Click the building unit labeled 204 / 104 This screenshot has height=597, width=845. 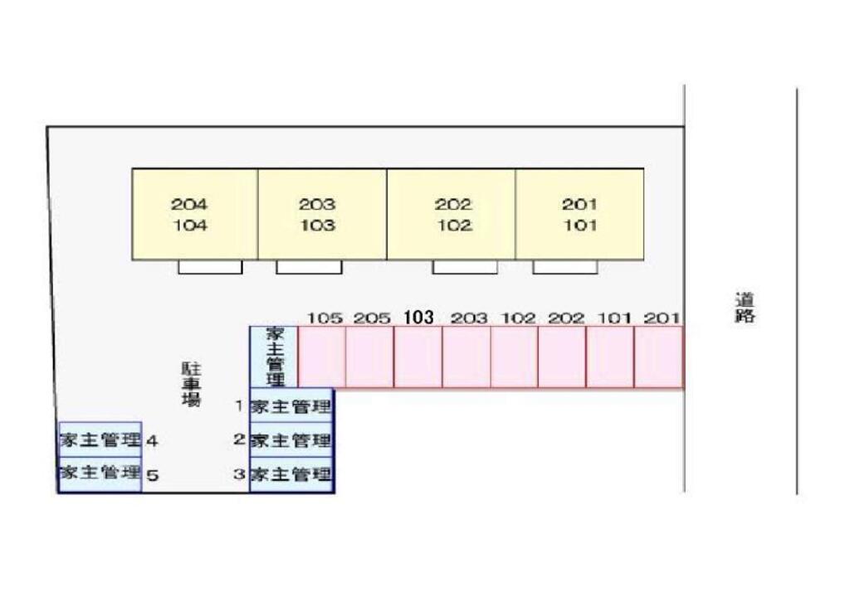point(195,214)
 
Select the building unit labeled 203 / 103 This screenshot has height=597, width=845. point(321,214)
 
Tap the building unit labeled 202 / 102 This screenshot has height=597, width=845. point(451,214)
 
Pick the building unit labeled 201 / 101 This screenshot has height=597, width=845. point(579,214)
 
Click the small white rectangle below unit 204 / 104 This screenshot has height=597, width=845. point(210,267)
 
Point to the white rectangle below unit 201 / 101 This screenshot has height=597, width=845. point(564,267)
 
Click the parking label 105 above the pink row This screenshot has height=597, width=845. point(325,318)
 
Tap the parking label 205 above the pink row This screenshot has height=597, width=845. point(372,318)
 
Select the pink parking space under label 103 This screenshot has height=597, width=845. point(418,357)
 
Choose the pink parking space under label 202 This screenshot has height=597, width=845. point(562,357)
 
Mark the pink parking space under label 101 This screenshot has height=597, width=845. point(610,357)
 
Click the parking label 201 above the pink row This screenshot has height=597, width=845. point(662,318)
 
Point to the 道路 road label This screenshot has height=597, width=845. point(745,307)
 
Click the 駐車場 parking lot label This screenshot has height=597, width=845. point(192,384)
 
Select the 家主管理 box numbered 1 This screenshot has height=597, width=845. point(291,406)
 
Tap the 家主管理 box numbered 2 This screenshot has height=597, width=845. point(291,440)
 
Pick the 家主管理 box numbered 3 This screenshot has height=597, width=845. point(291,475)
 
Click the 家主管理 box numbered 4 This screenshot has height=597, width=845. point(100,439)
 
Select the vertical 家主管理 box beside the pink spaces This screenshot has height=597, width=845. point(274,357)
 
